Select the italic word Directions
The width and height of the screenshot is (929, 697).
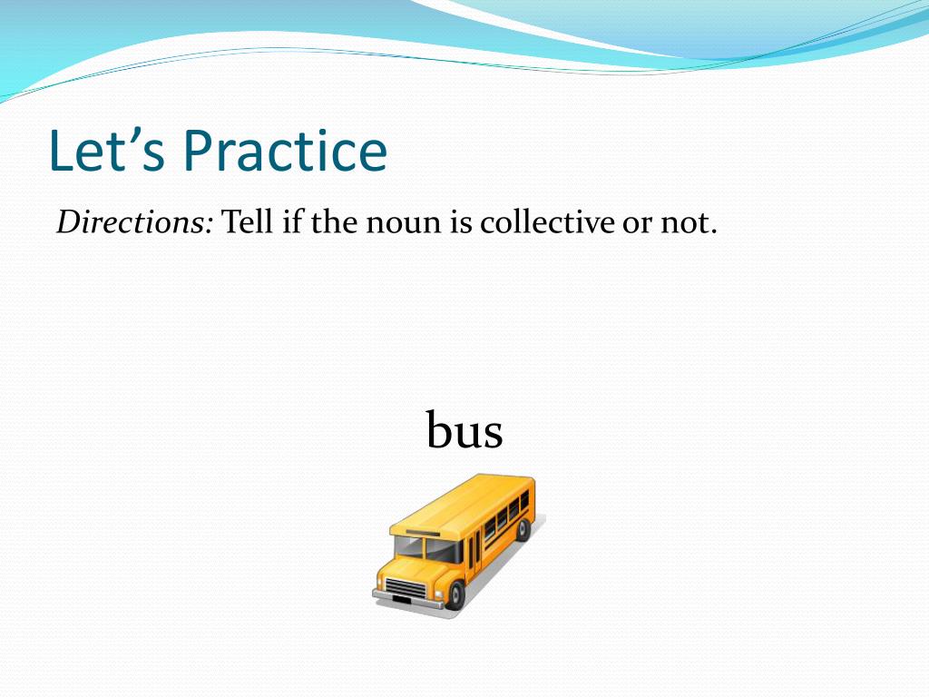pyautogui.click(x=134, y=222)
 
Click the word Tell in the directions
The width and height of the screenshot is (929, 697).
pyautogui.click(x=247, y=222)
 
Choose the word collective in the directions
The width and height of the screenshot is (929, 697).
pyautogui.click(x=547, y=222)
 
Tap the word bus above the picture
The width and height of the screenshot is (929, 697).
pyautogui.click(x=464, y=429)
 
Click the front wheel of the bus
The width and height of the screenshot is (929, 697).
pyautogui.click(x=455, y=595)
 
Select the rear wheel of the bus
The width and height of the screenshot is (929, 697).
pyautogui.click(x=523, y=529)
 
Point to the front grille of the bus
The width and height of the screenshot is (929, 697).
pyautogui.click(x=406, y=588)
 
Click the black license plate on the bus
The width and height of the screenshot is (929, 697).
pyautogui.click(x=402, y=600)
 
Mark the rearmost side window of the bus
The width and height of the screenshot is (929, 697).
pyautogui.click(x=524, y=501)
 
